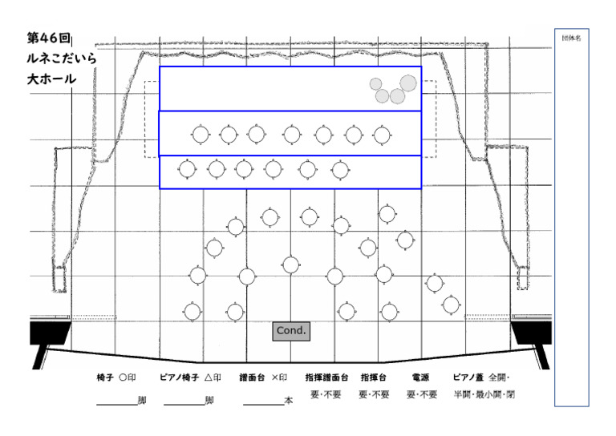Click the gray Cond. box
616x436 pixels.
[x=291, y=330]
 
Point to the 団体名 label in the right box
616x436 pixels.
[x=572, y=37]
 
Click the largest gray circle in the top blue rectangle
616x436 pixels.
[x=408, y=83]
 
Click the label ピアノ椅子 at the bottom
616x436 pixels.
[x=179, y=377]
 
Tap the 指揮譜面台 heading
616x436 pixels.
[x=326, y=377]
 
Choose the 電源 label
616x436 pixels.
[x=421, y=377]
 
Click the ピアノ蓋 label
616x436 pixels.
[x=469, y=377]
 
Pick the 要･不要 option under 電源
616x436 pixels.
[x=421, y=395]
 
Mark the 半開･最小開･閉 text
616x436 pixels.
[x=484, y=395]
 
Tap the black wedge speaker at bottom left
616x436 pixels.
[x=47, y=334]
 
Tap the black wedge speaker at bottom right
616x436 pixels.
[x=533, y=334]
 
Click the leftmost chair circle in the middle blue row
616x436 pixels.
[x=200, y=135]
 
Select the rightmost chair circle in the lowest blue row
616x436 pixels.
[x=340, y=169]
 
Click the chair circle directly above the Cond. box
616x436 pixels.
[x=290, y=264]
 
